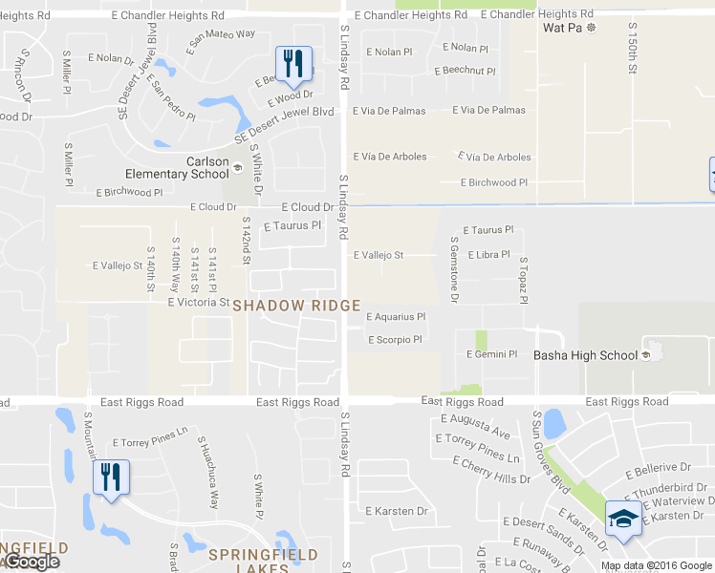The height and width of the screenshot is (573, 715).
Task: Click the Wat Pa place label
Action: (563, 29)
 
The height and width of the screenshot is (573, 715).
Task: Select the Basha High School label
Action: (585, 356)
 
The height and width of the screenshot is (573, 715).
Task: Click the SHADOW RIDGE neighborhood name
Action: (296, 306)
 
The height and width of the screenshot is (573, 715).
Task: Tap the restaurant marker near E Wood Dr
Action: (294, 63)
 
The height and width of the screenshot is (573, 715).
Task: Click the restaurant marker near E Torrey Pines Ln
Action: (110, 477)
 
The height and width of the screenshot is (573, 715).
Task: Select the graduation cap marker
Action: (623, 518)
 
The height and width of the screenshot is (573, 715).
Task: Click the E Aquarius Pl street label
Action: (395, 317)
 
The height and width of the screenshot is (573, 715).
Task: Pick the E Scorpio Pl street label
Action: (395, 340)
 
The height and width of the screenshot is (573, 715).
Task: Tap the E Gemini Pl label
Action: (491, 354)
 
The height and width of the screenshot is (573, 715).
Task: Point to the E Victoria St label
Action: (198, 303)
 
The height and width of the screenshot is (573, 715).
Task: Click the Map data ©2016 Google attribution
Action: (657, 565)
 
